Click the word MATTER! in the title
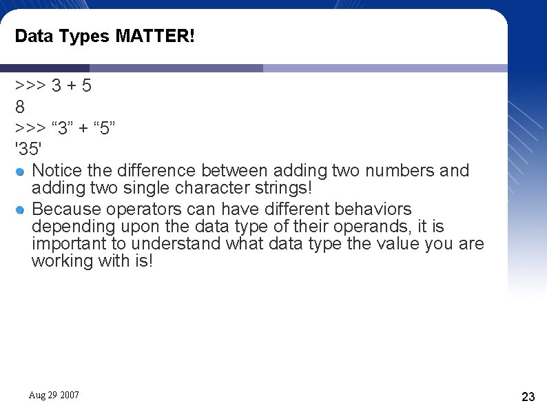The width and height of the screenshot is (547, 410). tap(155, 36)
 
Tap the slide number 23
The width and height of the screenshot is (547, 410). tap(528, 396)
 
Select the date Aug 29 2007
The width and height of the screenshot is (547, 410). tap(54, 395)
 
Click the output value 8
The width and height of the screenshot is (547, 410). tap(20, 107)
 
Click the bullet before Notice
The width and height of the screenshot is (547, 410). tap(21, 171)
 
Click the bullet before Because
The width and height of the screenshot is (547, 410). tap(21, 209)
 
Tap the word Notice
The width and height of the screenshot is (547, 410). tap(57, 170)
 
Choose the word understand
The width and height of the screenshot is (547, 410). tap(176, 243)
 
